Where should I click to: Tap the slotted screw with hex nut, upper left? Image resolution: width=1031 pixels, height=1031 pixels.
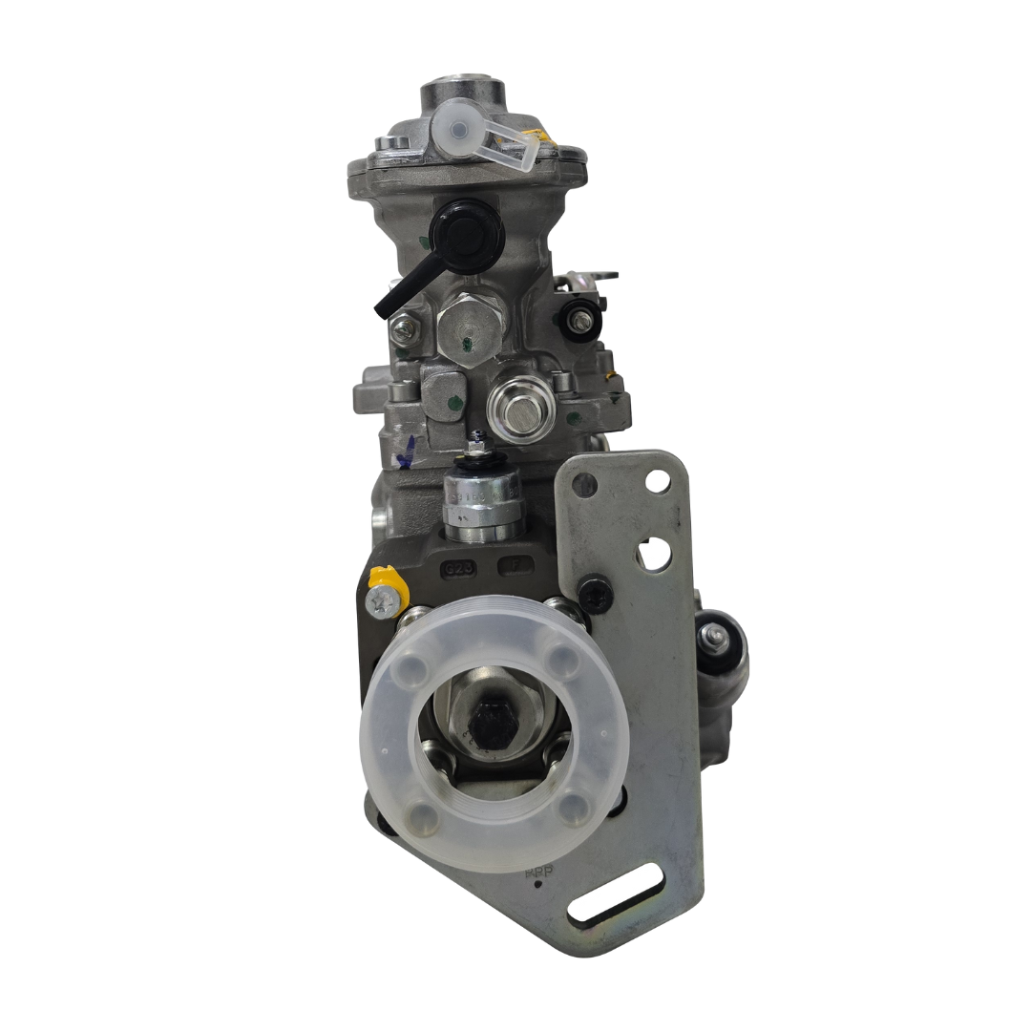coord(405,326)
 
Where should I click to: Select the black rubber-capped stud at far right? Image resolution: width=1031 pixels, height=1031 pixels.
coord(716,637)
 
